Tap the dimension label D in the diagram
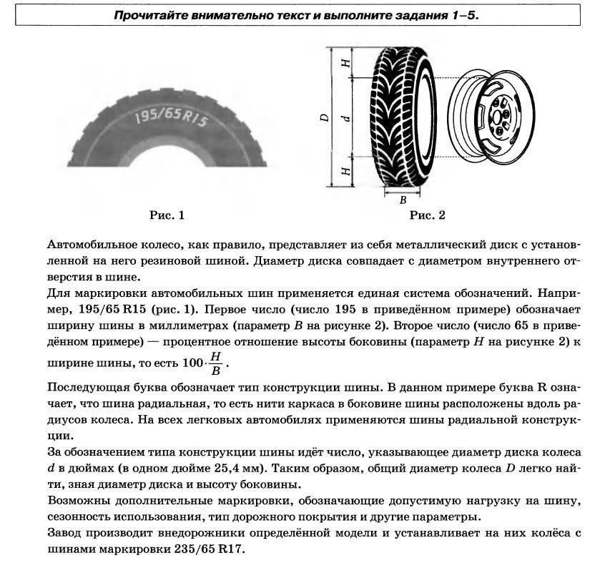324,117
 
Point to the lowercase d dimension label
346,117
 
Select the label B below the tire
403,200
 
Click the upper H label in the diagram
346,64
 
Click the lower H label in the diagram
346,172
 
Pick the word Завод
64,534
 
